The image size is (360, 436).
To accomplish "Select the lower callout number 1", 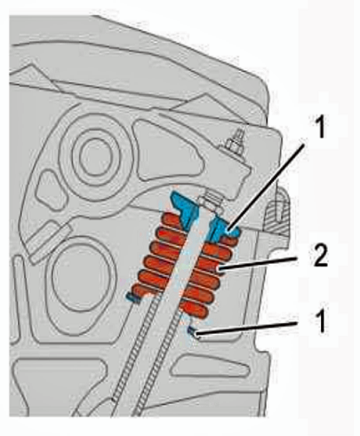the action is [319, 321].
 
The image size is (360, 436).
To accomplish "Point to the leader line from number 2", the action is [257, 263].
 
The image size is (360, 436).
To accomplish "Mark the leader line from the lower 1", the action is [246, 329].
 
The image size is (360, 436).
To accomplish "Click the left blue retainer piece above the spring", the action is [183, 208].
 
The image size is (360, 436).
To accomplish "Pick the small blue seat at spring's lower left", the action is [133, 297].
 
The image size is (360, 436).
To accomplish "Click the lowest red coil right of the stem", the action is [196, 310].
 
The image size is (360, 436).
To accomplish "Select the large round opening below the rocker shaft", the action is [81, 273].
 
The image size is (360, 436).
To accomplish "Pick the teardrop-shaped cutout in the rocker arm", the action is [166, 151].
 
